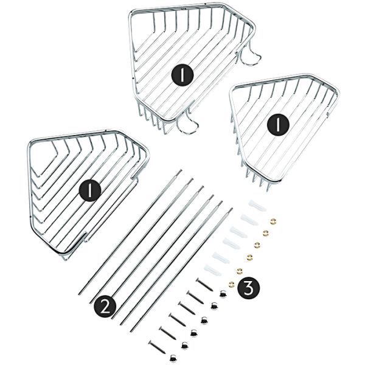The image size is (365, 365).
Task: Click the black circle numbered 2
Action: click(x=105, y=307)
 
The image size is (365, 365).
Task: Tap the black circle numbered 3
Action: click(x=248, y=288)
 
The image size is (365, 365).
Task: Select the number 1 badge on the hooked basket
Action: click(x=182, y=75)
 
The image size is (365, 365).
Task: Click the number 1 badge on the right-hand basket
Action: click(x=278, y=125)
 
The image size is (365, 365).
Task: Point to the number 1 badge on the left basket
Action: click(x=90, y=190)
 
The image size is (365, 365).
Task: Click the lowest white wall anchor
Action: click(x=212, y=270)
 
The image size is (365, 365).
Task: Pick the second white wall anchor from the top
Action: click(x=249, y=219)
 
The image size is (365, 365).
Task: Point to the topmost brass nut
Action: click(x=273, y=221)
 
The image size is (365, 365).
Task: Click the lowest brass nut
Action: click(x=232, y=283)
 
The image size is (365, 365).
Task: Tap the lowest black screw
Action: click(x=157, y=347)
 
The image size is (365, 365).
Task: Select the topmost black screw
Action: click(x=204, y=285)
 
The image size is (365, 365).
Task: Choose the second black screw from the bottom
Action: click(x=168, y=333)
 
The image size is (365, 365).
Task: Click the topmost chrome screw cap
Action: click(x=223, y=294)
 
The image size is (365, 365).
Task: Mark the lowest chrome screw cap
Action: click(x=173, y=358)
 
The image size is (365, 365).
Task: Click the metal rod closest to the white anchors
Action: click(x=181, y=269)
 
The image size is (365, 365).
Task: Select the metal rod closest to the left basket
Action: click(x=130, y=233)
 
